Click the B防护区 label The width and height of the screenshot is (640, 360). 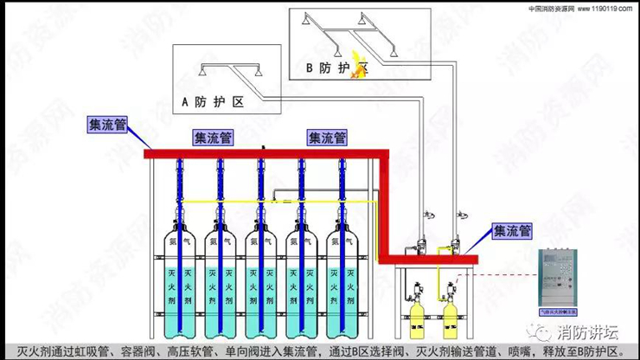pos(337,66)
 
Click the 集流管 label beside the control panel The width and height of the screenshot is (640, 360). pos(512,231)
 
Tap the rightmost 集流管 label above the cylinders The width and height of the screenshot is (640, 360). pos(327,138)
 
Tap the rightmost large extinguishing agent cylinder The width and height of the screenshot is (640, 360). pos(343,277)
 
